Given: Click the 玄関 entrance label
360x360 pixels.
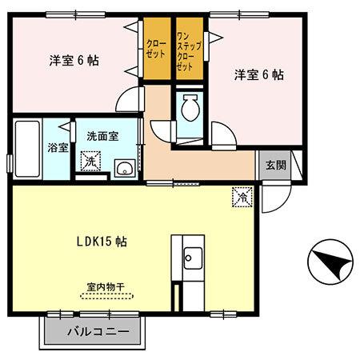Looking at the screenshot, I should tap(274, 166).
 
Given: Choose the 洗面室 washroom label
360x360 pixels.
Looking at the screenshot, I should tap(102, 136).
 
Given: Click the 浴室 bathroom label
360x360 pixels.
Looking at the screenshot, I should tap(56, 148).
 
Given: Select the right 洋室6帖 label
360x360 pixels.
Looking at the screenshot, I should tap(258, 74).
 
